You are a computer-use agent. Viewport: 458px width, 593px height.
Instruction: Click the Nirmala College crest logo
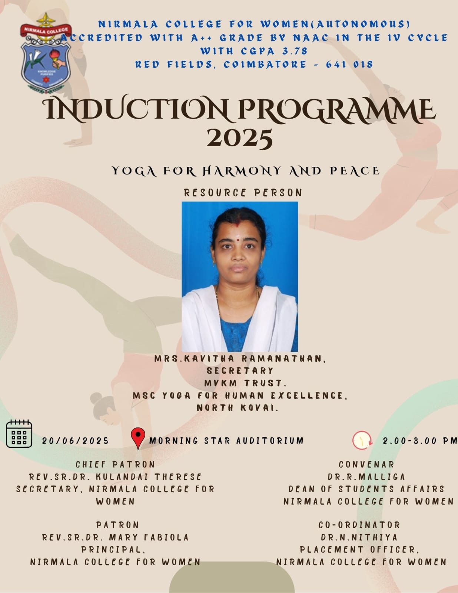(x=46, y=53)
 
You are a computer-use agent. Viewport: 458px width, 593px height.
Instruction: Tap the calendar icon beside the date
(x=19, y=434)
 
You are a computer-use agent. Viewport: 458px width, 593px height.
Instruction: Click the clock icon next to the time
(x=362, y=440)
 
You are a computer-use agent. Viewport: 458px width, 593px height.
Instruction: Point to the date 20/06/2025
(x=75, y=441)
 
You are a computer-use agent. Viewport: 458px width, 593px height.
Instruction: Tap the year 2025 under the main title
(x=240, y=138)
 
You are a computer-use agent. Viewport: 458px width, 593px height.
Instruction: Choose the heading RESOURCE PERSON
(x=243, y=193)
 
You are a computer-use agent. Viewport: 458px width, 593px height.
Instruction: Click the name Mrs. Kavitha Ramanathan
(x=240, y=359)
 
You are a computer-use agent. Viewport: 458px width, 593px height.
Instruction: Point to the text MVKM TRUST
(x=245, y=383)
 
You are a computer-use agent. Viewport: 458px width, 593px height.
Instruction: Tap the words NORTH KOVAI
(x=238, y=408)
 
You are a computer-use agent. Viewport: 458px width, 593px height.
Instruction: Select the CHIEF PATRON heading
(x=115, y=464)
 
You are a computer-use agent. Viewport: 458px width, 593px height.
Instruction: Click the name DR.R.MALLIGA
(x=366, y=477)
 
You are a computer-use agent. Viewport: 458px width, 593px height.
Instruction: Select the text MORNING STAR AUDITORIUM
(x=226, y=441)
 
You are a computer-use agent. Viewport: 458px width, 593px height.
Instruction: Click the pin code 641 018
(x=349, y=65)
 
